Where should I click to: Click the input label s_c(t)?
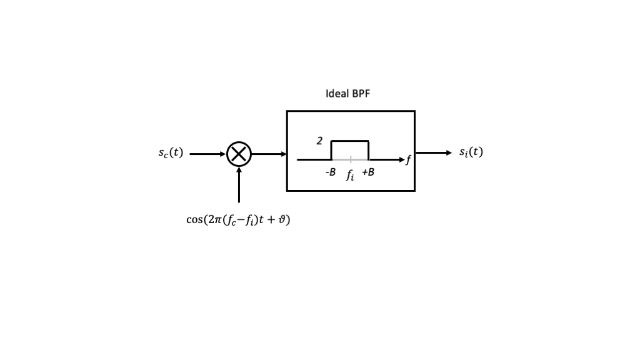point(171,152)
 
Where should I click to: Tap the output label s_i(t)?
point(471,152)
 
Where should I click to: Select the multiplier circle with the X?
point(239,154)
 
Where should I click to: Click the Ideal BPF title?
point(347,94)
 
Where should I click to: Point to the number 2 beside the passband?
point(319,141)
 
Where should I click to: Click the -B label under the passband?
point(331,172)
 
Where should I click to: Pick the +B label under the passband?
point(368,172)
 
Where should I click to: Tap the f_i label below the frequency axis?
point(350,174)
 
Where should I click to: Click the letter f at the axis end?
point(408,160)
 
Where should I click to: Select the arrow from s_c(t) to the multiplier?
point(207,154)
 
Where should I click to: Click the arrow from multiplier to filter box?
point(269,154)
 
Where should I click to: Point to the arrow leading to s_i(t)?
point(433,152)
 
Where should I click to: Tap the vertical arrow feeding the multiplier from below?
point(239,185)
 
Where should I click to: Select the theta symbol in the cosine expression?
point(281,219)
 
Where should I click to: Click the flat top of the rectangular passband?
point(350,141)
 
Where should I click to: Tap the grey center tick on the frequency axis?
point(351,159)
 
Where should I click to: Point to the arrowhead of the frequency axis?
point(401,159)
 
